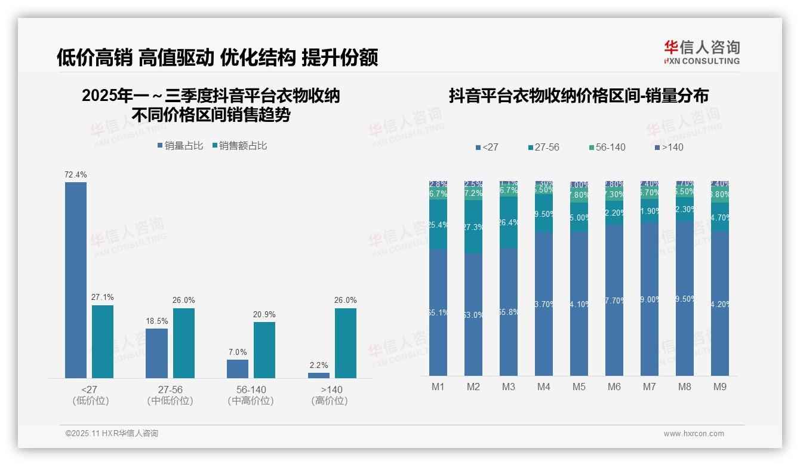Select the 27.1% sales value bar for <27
click(103, 341)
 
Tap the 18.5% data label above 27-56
click(156, 321)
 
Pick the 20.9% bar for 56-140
click(264, 349)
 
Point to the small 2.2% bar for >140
click(319, 375)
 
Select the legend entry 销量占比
click(181, 146)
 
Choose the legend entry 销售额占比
click(240, 146)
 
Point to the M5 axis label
click(579, 387)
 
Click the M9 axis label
click(720, 387)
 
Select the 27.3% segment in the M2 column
click(473, 227)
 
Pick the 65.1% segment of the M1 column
click(438, 312)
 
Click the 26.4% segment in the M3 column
click(509, 222)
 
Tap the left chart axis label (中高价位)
click(251, 401)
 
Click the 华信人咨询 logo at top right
click(701, 52)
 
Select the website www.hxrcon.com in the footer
click(694, 434)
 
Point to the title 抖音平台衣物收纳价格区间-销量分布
click(579, 96)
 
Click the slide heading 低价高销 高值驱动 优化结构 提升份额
click(217, 58)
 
